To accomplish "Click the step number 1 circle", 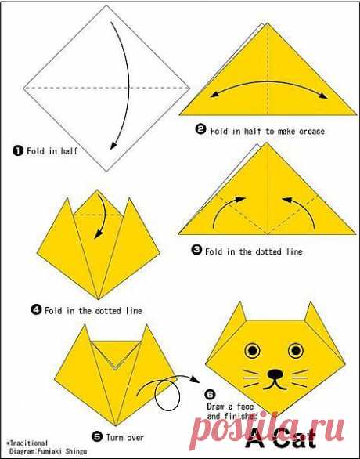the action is (18, 150).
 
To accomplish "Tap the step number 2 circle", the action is (200, 129).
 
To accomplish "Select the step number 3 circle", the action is (196, 250).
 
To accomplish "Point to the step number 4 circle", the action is (36, 309).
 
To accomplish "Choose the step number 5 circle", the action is (97, 437).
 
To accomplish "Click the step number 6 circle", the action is (211, 395).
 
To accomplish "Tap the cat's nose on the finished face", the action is (275, 374).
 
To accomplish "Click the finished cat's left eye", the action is (252, 350).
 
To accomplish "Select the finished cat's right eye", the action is (296, 350).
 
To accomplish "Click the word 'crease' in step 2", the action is (312, 131).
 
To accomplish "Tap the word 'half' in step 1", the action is (69, 151).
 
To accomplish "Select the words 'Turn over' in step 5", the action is (125, 438).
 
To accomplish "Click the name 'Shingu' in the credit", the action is (76, 451).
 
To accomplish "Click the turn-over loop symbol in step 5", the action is (167, 395).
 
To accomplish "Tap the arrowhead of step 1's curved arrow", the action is (113, 145).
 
